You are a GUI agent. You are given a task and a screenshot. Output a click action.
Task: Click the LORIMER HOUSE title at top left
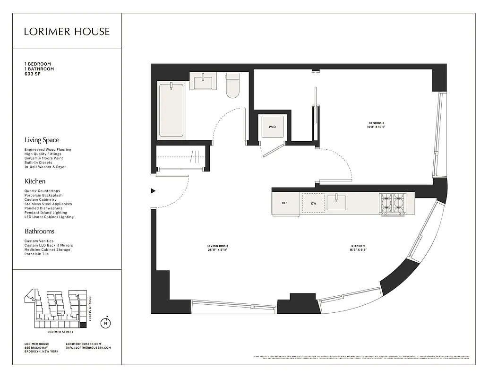pyautogui.click(x=67, y=32)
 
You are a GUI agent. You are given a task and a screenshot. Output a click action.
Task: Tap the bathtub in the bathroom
pyautogui.click(x=171, y=111)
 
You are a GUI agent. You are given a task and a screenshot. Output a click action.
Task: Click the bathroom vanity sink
pyautogui.click(x=203, y=81)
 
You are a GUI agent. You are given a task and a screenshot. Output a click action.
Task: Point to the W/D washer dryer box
pyautogui.click(x=273, y=127)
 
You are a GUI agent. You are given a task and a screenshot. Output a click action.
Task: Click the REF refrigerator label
pyautogui.click(x=284, y=203)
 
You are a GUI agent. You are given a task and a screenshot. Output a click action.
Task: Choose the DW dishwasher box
pyautogui.click(x=313, y=203)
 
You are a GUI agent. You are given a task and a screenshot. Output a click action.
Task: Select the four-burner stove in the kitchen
pyautogui.click(x=393, y=203)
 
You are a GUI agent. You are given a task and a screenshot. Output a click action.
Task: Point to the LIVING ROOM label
pyautogui.click(x=217, y=246)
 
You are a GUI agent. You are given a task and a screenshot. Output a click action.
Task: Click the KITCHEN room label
pyautogui.click(x=358, y=246)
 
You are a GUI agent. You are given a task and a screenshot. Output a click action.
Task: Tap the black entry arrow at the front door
pyautogui.click(x=153, y=191)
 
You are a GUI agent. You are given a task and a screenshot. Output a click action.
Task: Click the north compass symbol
pyautogui.click(x=106, y=324)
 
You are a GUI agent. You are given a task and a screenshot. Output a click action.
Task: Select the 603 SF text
pyautogui.click(x=34, y=74)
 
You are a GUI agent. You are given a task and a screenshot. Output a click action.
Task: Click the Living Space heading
pyautogui.click(x=42, y=140)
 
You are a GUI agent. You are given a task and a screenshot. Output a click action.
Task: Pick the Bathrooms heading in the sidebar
pyautogui.click(x=39, y=232)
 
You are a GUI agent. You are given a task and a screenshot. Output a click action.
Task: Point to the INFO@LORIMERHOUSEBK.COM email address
pyautogui.click(x=88, y=348)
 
